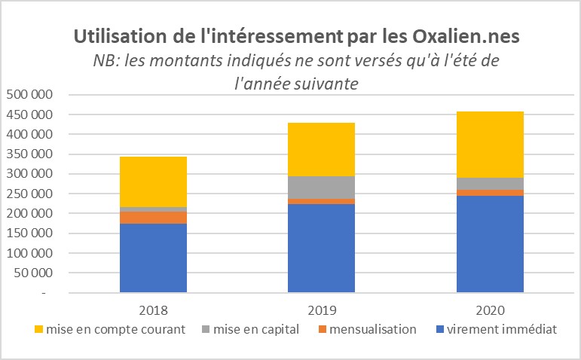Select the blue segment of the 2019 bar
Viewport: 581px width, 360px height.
321,247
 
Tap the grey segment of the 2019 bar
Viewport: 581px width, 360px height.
321,188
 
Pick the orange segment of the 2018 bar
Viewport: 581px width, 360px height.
153,218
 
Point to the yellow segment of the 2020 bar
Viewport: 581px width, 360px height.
490,145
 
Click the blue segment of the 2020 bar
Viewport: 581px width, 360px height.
490,243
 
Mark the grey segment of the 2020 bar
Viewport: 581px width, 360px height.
490,184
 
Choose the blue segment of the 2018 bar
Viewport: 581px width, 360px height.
153,258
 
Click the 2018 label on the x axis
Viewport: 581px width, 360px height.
153,310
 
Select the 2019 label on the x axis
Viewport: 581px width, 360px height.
321,310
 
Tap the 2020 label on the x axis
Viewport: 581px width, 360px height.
490,310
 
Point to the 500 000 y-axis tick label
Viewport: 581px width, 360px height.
28,95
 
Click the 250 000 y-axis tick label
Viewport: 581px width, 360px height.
28,194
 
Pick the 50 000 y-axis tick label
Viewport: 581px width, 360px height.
32,272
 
